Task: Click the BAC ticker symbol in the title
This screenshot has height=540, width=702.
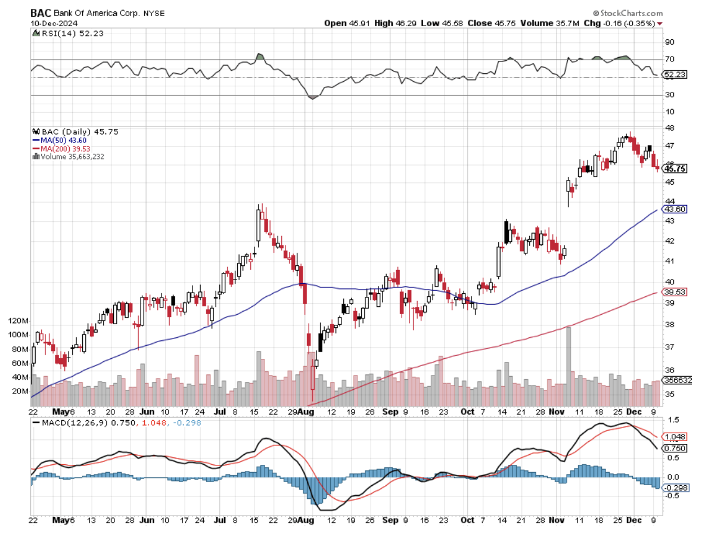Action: pyautogui.click(x=41, y=13)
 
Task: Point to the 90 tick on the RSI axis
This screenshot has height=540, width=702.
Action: pyautogui.click(x=669, y=42)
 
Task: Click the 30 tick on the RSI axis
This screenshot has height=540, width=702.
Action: pyautogui.click(x=669, y=95)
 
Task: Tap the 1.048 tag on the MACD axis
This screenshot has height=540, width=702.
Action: pyautogui.click(x=675, y=436)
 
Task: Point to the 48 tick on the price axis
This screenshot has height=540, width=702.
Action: pyautogui.click(x=670, y=128)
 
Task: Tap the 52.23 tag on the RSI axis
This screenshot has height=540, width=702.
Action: pyautogui.click(x=675, y=75)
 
